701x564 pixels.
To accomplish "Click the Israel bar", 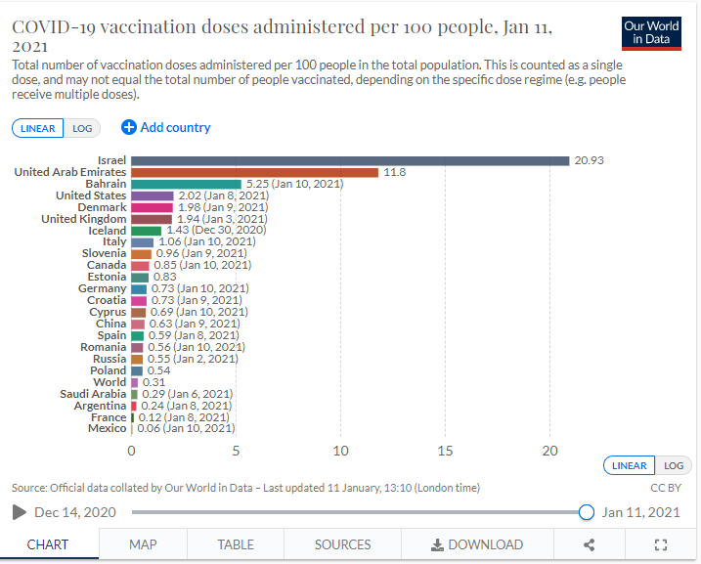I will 350,160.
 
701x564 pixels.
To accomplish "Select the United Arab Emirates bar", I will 254,172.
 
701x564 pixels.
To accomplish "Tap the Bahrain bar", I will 186,184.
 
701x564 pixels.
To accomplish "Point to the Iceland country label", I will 108,231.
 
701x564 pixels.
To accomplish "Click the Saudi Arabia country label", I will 94,394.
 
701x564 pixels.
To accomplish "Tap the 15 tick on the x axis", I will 445,452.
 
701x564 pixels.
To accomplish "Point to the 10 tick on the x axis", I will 340,452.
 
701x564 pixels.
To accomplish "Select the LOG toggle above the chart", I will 81,128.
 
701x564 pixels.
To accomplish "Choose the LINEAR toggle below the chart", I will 629,465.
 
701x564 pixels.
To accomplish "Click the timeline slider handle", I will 586,512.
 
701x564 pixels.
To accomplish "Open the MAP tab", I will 144,544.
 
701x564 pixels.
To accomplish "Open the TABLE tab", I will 236,544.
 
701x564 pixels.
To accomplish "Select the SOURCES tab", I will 342,544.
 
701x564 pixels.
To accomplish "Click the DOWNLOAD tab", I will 477,544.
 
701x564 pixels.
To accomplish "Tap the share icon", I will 589,544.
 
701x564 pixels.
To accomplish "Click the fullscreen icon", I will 660,544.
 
